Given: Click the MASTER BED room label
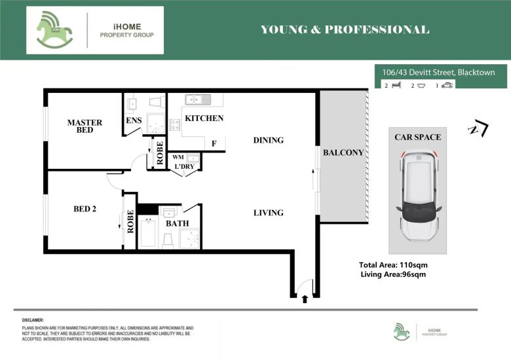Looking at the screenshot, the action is pos(85,126).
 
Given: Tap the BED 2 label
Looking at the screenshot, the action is pos(85,209).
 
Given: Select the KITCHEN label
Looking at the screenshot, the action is pos(204,118).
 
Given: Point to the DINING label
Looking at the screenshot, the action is pos(269,140).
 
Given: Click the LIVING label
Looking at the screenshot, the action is pos(269,213).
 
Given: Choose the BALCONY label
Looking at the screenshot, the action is pos(343,153).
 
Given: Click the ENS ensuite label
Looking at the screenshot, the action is pos(134,120).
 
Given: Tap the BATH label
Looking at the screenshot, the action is pos(178,224).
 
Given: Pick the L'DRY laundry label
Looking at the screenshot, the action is pos(185,167).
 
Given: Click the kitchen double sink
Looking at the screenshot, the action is pos(198,99).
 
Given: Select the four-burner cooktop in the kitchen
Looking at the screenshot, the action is pos(175,125).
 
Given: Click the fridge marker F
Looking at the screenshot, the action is pos(214,143).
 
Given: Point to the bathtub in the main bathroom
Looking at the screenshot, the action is pos(148,233).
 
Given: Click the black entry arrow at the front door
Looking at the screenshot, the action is pos(305,299).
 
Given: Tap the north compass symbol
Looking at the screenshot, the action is pos(478,128).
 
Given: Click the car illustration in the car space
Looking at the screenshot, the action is pos(419,194).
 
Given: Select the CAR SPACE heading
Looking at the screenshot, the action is pos(418,137).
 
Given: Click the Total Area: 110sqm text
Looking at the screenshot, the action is pos(393,265).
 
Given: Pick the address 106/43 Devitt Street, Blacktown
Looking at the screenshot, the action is pos(439,72).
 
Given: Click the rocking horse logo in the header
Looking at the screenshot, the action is pos(54,30).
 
